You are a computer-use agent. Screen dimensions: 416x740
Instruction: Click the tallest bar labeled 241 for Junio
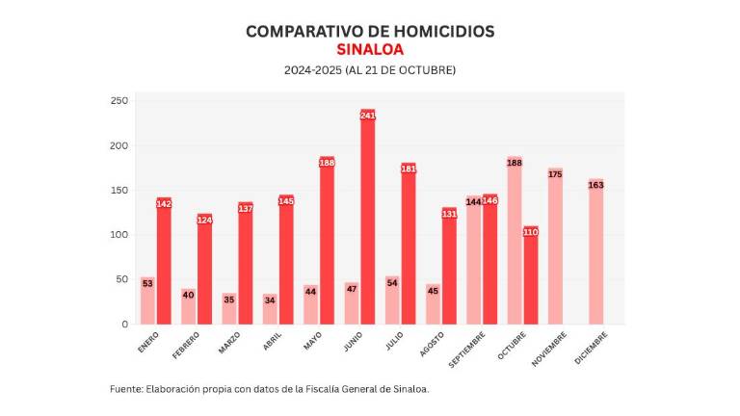[x=367, y=221]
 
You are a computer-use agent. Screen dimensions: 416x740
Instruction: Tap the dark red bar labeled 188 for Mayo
[x=327, y=246]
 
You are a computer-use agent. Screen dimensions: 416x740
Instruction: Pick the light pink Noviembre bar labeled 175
[x=555, y=248]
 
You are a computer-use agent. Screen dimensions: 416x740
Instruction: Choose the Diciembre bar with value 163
[x=595, y=254]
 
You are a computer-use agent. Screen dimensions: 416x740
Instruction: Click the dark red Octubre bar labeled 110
[x=531, y=279]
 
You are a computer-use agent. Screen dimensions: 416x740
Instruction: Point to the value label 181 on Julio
[x=409, y=169]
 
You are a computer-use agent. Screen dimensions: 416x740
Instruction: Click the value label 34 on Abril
[x=270, y=299]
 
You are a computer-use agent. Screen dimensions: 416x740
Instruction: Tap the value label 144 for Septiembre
[x=473, y=201]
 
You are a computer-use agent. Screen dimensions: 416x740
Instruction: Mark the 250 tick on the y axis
[x=119, y=101]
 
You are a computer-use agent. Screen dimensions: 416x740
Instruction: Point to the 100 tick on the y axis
[x=119, y=235]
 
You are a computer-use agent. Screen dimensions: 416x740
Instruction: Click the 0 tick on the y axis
[x=123, y=325]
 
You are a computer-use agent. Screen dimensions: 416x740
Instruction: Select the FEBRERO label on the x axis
[x=186, y=344]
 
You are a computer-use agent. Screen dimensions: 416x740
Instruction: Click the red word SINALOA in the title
[x=370, y=49]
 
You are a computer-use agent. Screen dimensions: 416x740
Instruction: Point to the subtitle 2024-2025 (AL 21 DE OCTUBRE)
[x=370, y=70]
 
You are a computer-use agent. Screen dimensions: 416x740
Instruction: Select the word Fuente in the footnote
[x=125, y=389]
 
